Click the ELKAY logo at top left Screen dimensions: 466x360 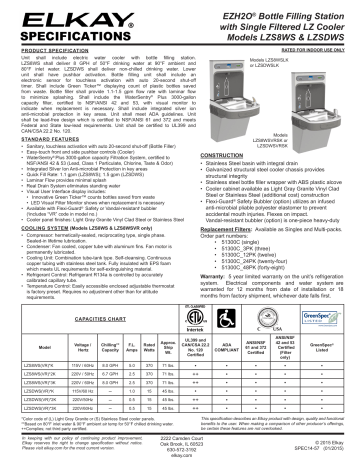pos(45,17)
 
